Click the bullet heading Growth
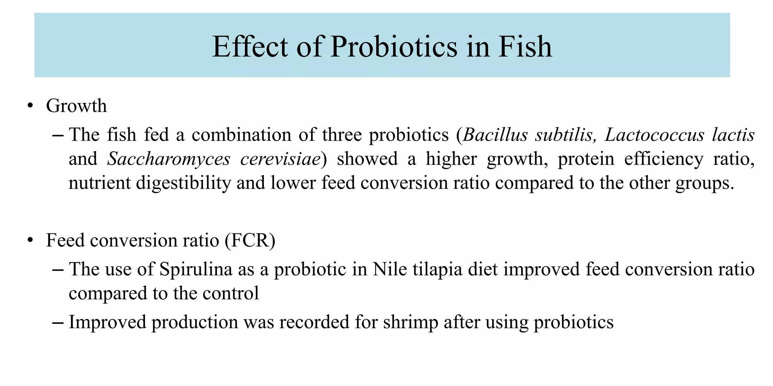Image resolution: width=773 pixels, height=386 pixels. click(x=76, y=106)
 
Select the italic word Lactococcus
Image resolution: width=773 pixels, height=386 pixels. click(x=654, y=135)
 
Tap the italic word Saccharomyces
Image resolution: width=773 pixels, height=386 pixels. click(x=169, y=159)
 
